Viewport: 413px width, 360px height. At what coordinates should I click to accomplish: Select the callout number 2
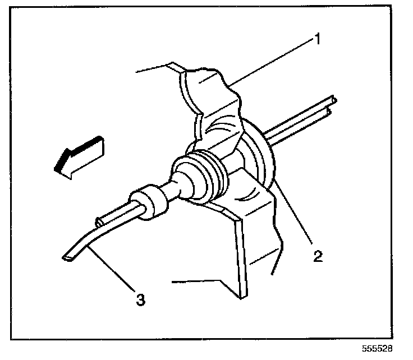tap(318, 256)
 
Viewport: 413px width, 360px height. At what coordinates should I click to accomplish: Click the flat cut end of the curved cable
tap(67, 257)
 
